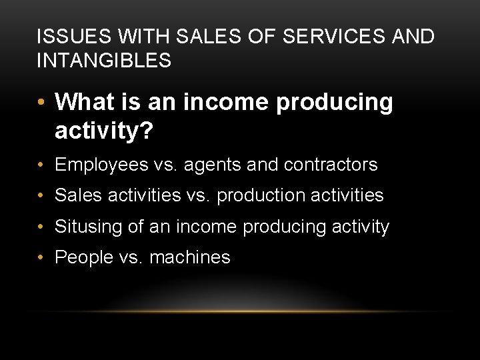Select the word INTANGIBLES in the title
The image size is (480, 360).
(x=104, y=61)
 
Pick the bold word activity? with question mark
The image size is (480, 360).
(x=105, y=131)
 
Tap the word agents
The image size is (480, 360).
(x=223, y=165)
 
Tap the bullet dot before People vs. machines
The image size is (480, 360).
(x=41, y=257)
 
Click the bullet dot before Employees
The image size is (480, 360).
(x=41, y=165)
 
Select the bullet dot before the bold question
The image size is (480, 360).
(x=41, y=103)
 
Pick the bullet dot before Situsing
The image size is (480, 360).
(x=41, y=227)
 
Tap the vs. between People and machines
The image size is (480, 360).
(x=133, y=257)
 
